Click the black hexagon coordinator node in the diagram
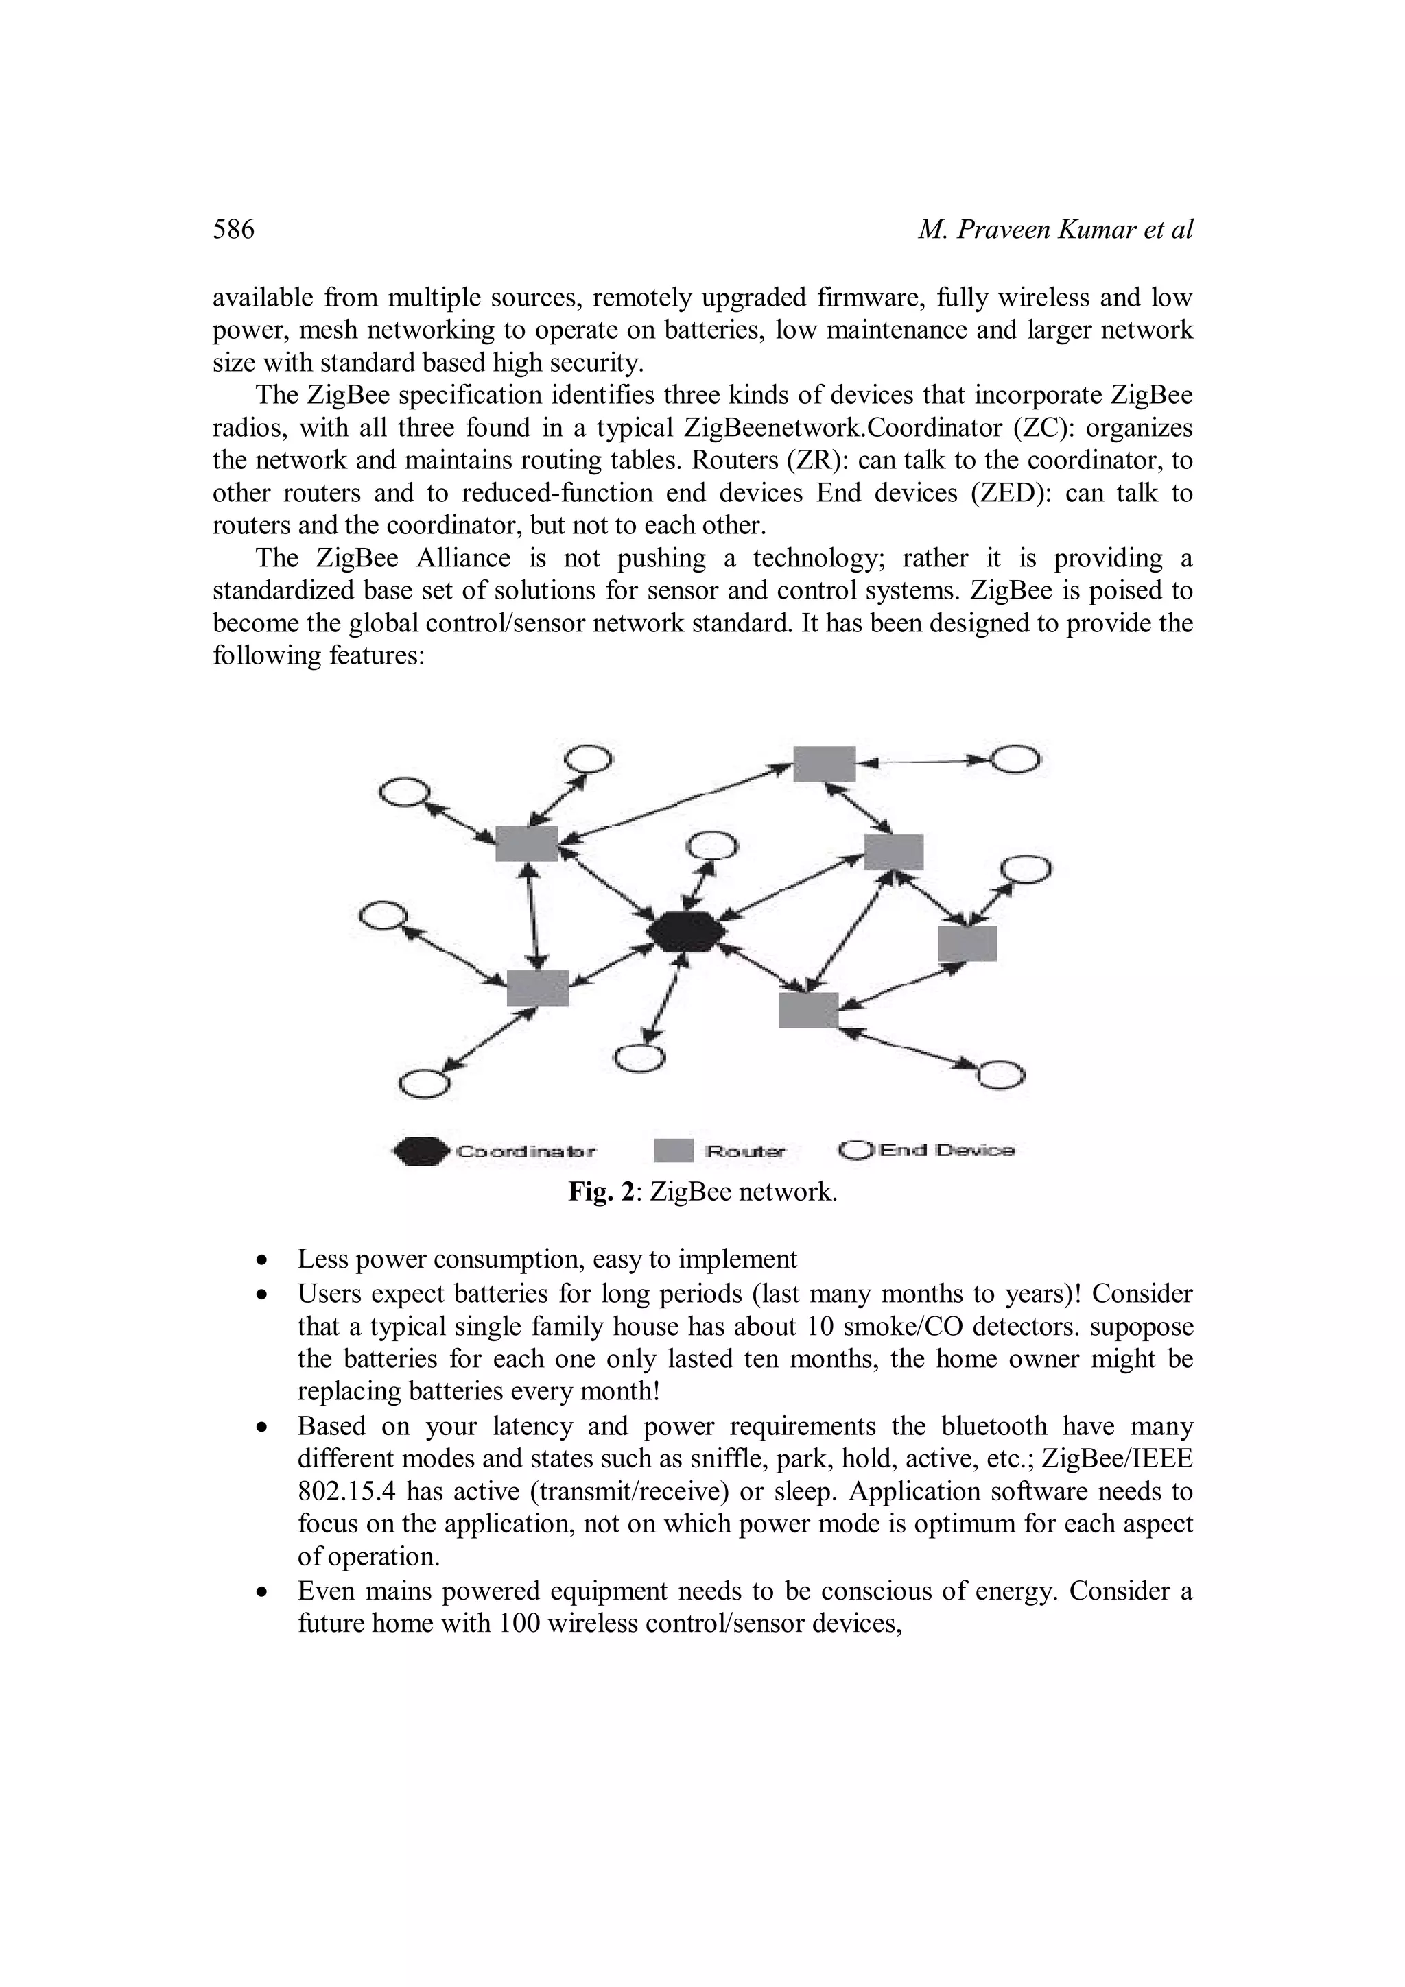(687, 932)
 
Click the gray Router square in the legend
(674, 1151)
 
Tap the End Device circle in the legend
(856, 1150)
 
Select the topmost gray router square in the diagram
(824, 763)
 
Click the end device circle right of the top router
(1015, 760)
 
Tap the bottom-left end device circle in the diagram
(424, 1083)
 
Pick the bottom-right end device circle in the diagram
(1001, 1074)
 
